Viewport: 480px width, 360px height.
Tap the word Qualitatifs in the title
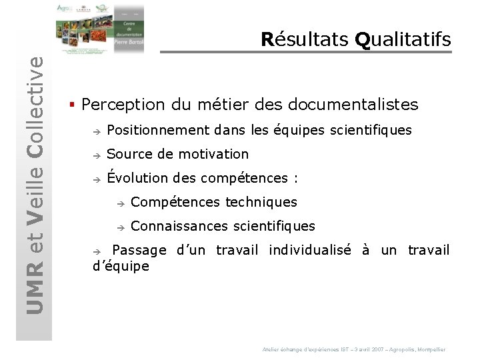[403, 39]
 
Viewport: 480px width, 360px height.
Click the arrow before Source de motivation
[95, 155]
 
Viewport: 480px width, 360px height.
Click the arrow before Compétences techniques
[119, 203]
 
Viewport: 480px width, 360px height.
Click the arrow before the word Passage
[95, 251]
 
